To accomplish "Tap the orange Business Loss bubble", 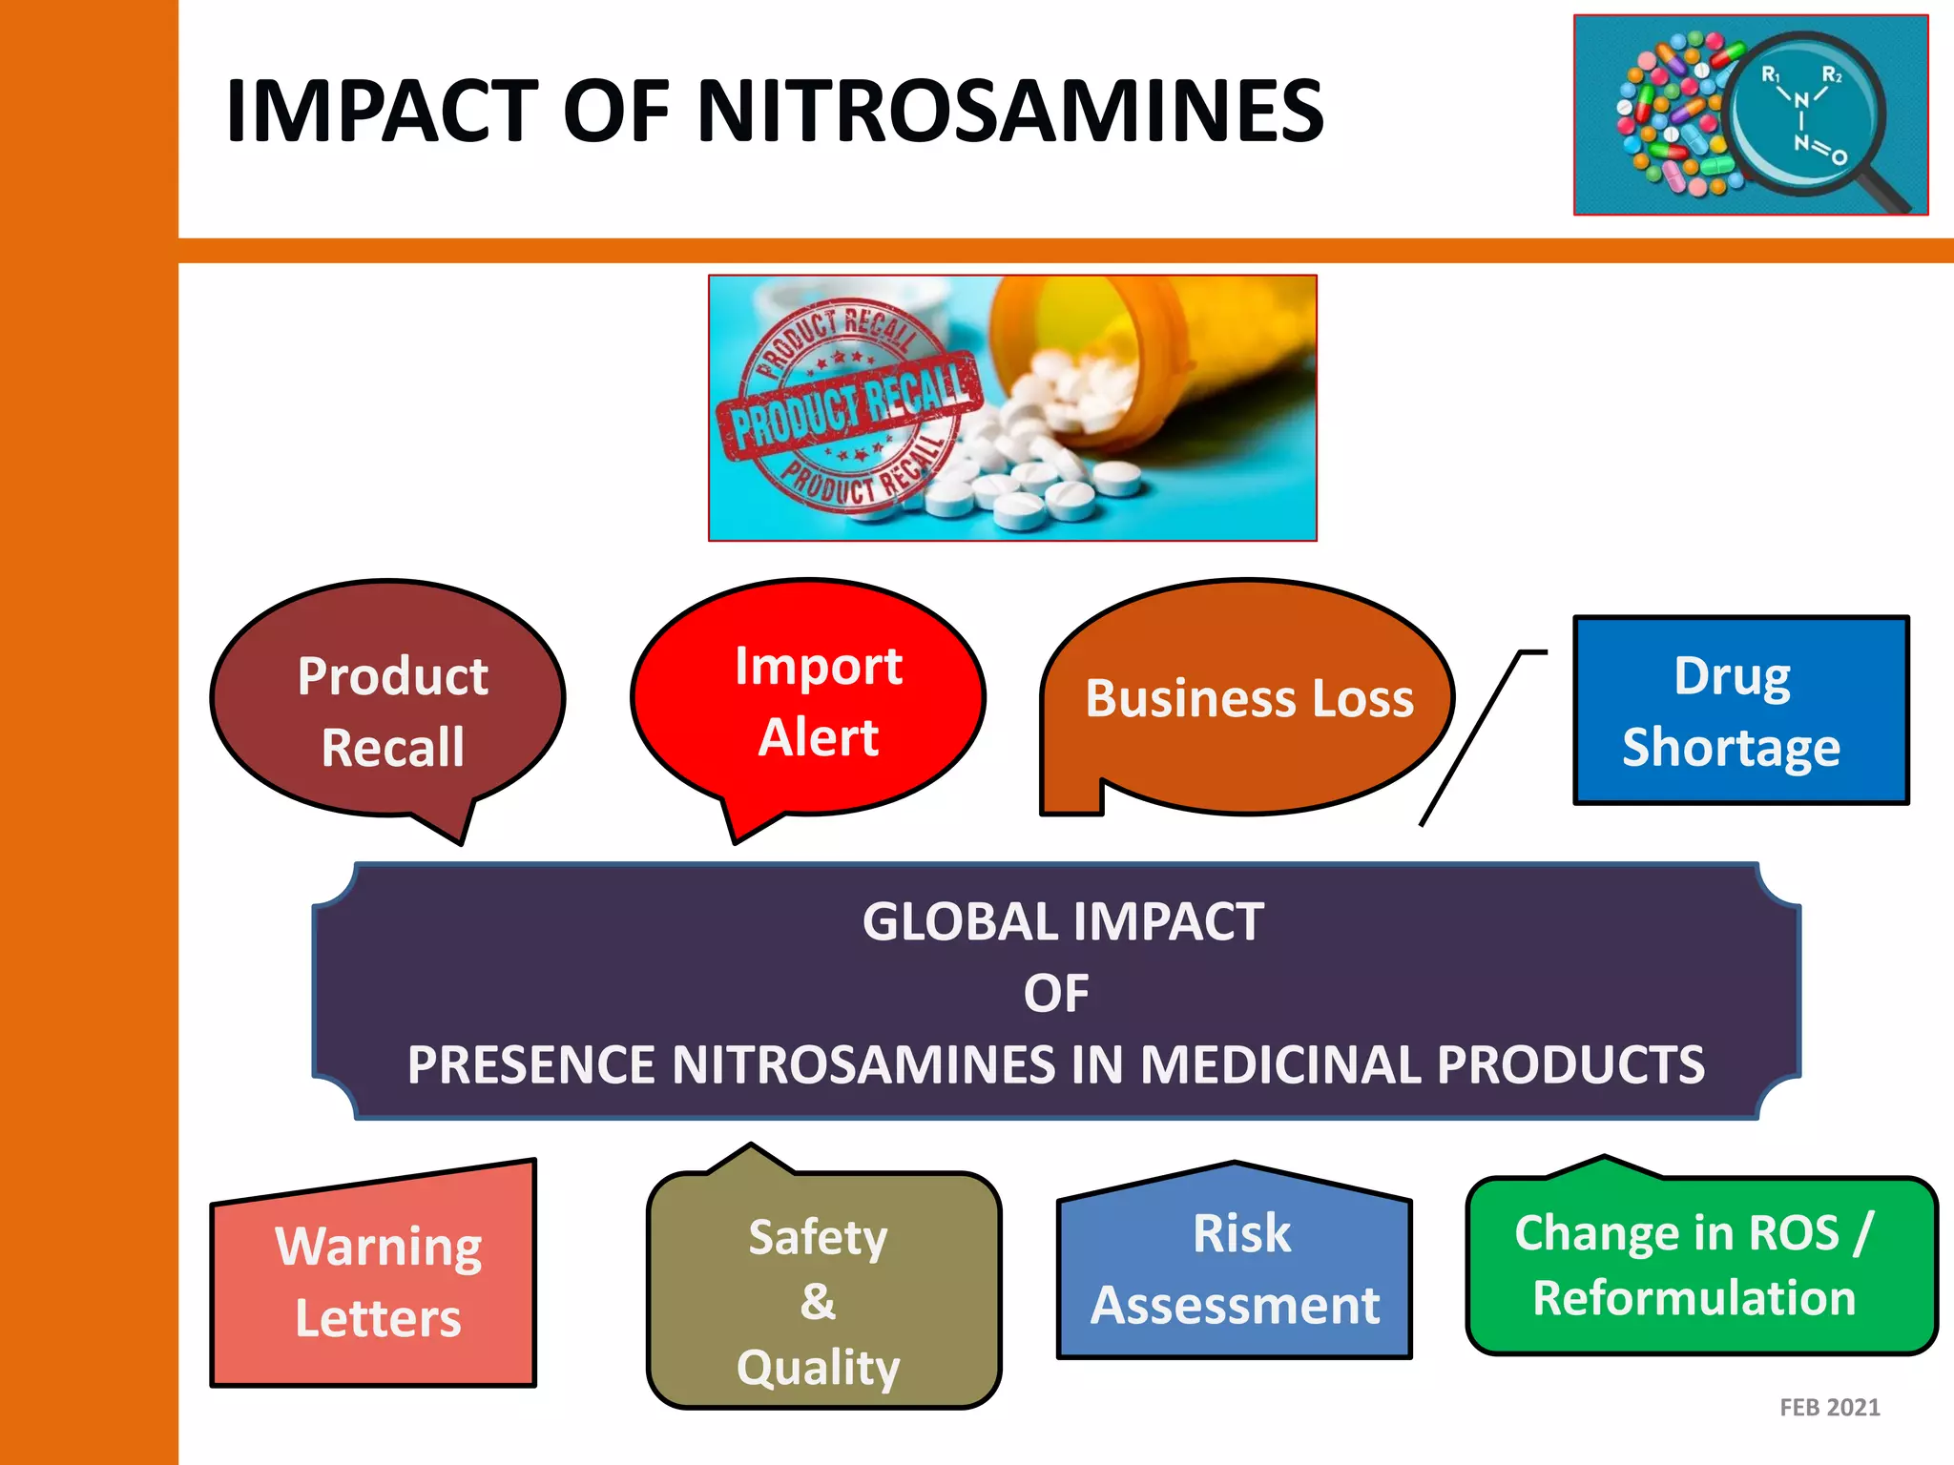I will click(1248, 699).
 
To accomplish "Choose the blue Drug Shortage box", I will click(1740, 711).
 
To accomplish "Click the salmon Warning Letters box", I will click(376, 1283).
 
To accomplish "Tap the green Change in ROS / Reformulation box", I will click(1700, 1267).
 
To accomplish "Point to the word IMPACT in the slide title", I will click(383, 112).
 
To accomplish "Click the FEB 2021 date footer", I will click(1829, 1408).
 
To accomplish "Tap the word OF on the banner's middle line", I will click(1056, 994).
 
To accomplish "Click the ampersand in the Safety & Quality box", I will click(818, 1301).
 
